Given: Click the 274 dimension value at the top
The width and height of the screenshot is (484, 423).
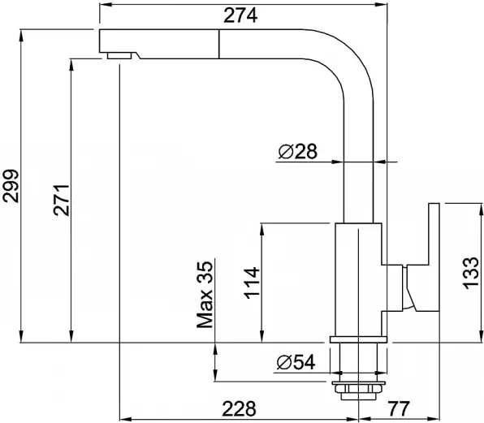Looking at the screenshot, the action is tap(240, 15).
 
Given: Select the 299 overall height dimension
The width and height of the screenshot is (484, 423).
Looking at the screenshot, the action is tap(11, 186).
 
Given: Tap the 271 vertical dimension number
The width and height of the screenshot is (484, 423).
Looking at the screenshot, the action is tap(61, 200).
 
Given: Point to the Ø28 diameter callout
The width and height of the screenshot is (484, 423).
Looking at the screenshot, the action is tap(298, 152).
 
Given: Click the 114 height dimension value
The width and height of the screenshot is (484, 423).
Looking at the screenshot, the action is tap(252, 283).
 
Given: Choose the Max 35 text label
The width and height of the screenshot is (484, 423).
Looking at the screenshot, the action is tap(205, 295).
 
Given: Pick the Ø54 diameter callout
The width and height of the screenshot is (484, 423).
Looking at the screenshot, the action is tap(296, 362).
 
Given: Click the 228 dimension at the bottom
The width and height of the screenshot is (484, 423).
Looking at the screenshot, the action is tap(240, 408).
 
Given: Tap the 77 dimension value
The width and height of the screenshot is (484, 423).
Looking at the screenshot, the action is tap(398, 408).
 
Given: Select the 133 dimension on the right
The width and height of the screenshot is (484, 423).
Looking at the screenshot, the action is tap(471, 273).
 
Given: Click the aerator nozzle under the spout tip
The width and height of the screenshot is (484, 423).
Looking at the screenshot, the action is tap(119, 55).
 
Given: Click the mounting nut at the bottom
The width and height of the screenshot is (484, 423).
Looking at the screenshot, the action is tap(359, 391).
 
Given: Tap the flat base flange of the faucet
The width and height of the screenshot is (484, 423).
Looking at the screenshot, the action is tap(358, 339).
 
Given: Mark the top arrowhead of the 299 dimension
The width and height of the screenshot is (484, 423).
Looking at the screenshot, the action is tap(21, 36).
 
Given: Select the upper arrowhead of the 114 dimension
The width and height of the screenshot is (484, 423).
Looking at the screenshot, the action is tap(261, 229).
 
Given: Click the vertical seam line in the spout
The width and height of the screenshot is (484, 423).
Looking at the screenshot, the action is tap(218, 44).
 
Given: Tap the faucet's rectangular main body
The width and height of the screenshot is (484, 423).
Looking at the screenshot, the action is tap(359, 279).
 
